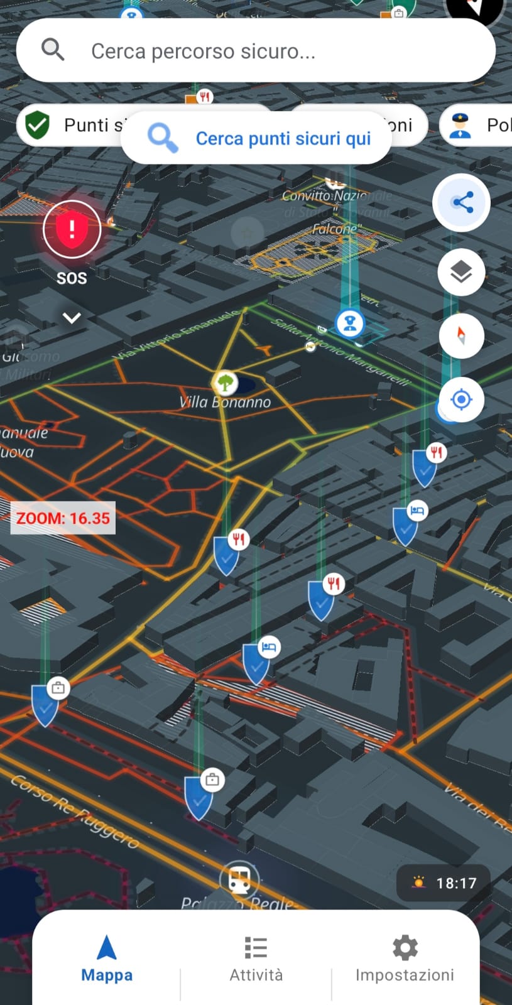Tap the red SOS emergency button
pyautogui.click(x=72, y=229)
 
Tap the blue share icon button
pyautogui.click(x=462, y=202)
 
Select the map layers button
pyautogui.click(x=462, y=272)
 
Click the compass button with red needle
pyautogui.click(x=462, y=335)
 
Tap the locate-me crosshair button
pyautogui.click(x=462, y=399)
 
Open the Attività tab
pyautogui.click(x=256, y=958)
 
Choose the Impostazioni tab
pyautogui.click(x=405, y=958)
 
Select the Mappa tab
pyautogui.click(x=107, y=958)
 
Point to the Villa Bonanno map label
pyautogui.click(x=225, y=403)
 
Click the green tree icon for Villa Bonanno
pyautogui.click(x=224, y=381)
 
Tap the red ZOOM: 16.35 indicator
pyautogui.click(x=63, y=518)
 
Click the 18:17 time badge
pyautogui.click(x=444, y=883)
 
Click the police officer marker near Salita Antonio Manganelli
pyautogui.click(x=350, y=323)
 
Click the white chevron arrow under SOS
pyautogui.click(x=72, y=318)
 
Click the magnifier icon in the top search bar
pyautogui.click(x=53, y=49)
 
